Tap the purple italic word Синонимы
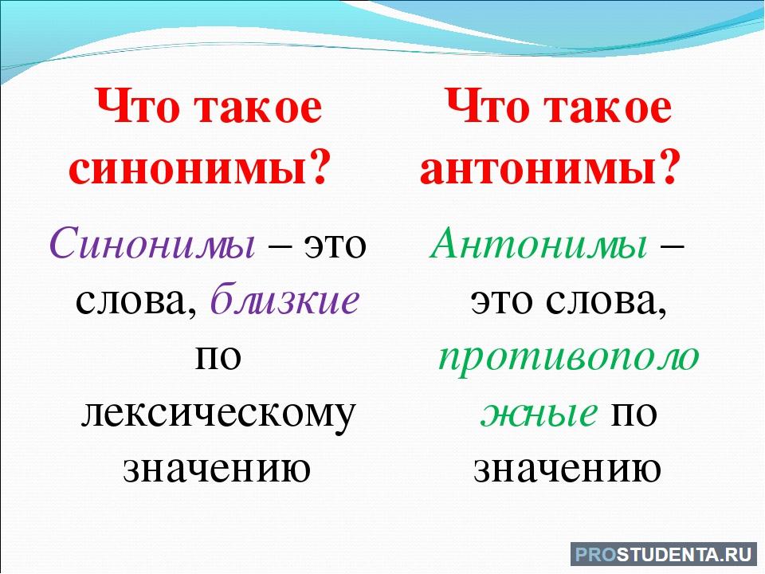point(151,243)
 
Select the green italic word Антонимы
point(538,243)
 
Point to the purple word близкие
point(285,299)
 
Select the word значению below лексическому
point(217,469)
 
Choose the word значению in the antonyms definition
point(567,469)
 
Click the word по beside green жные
point(634,414)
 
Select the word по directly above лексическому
point(218,358)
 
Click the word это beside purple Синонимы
point(335,245)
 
